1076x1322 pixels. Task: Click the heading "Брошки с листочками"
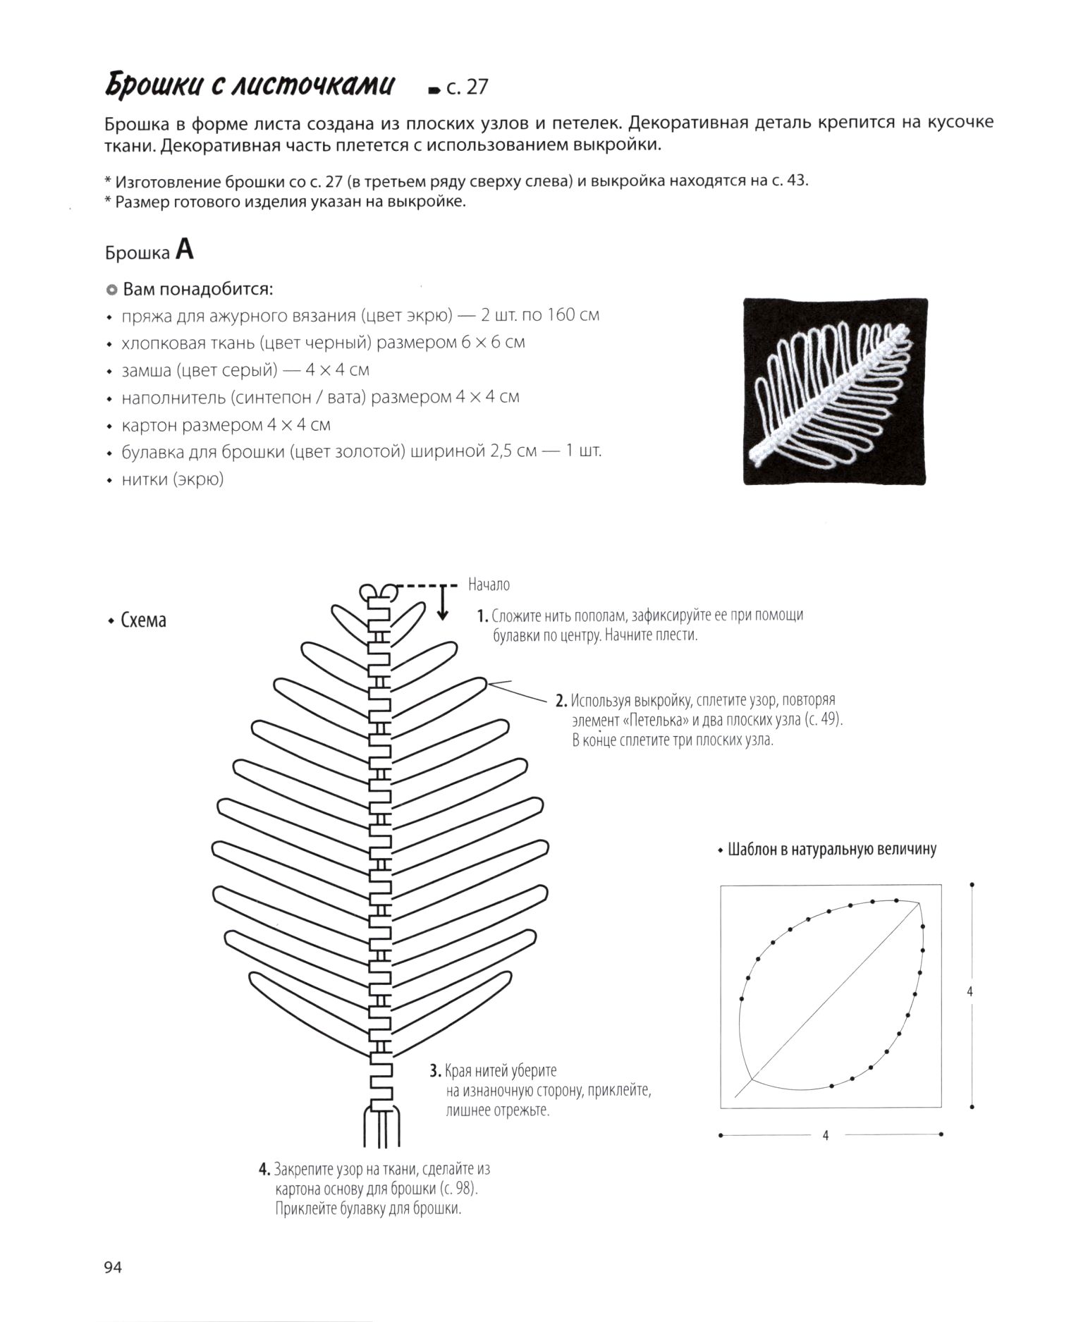coord(250,85)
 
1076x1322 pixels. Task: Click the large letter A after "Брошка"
coord(185,250)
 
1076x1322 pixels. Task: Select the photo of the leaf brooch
coord(835,391)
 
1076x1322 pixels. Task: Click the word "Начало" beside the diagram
coord(489,585)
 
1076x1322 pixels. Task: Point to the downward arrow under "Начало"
coord(443,606)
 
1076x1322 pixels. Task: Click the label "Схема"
coord(143,620)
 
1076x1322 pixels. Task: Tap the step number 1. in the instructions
coord(482,616)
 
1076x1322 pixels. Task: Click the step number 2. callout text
coord(561,701)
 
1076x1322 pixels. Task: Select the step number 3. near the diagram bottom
coord(436,1071)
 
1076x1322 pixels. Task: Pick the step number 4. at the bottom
coord(264,1169)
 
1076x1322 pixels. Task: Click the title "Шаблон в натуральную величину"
coord(831,849)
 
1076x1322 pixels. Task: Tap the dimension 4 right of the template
coord(970,991)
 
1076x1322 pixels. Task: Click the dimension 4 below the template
coord(826,1135)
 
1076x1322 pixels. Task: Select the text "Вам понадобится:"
coord(197,289)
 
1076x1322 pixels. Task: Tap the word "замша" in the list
coord(146,369)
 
